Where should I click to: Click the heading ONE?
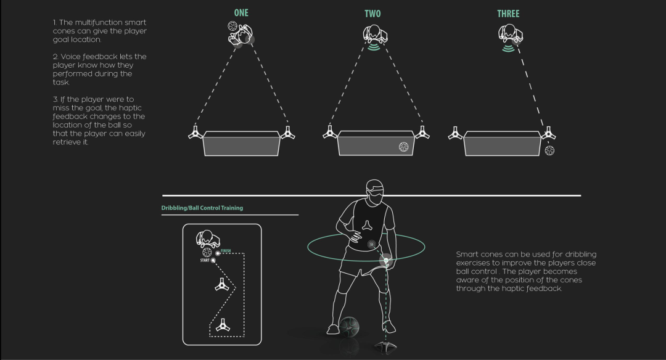(x=240, y=13)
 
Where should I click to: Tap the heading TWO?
(x=372, y=14)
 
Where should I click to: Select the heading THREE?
(x=508, y=14)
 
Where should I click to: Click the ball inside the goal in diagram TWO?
(x=403, y=147)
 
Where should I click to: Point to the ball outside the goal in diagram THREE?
(x=549, y=150)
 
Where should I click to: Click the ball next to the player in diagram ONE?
(x=232, y=27)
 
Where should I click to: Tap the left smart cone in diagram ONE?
(x=195, y=133)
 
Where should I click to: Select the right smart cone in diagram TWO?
(x=422, y=133)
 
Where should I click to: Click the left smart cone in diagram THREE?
(x=456, y=133)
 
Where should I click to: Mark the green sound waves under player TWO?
(x=373, y=47)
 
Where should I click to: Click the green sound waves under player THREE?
(x=508, y=47)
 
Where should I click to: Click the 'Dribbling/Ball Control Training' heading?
(x=202, y=208)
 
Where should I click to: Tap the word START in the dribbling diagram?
(x=205, y=261)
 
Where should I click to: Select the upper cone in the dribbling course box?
(x=220, y=284)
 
